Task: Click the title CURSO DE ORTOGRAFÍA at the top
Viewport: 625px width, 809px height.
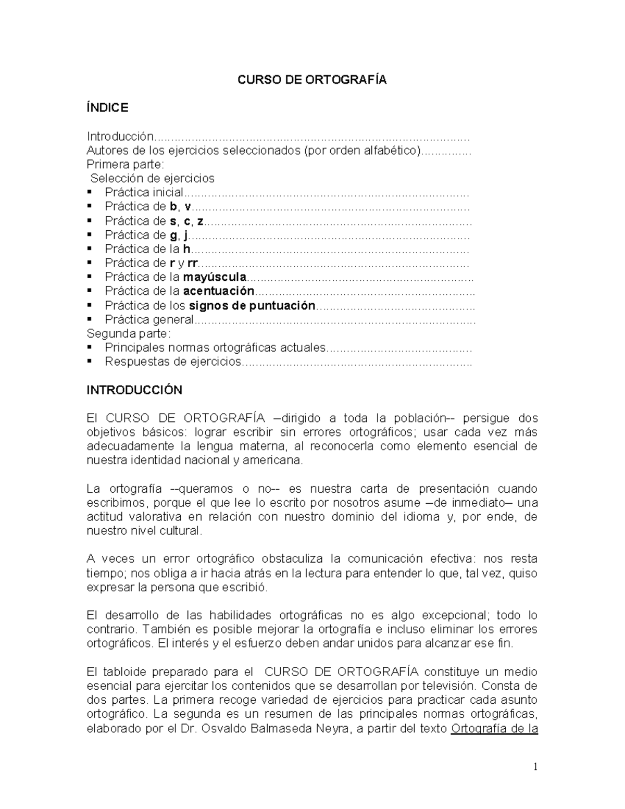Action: coord(312,80)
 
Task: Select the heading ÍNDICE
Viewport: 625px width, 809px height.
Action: coord(107,108)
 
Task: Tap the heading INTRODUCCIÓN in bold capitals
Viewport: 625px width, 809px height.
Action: coord(134,390)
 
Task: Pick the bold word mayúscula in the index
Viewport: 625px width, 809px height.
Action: coord(215,277)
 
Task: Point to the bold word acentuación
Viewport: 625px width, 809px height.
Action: coord(219,291)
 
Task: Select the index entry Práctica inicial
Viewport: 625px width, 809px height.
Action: coord(144,192)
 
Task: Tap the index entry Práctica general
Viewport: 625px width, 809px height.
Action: coord(149,319)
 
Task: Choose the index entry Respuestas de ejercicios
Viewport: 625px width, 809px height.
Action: coord(173,362)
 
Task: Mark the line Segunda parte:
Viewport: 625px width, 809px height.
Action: coord(128,333)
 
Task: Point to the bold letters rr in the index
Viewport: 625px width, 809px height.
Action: coord(192,263)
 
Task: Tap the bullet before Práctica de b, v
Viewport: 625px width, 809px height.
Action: coord(90,206)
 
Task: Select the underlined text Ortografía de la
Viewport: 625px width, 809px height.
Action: coord(494,728)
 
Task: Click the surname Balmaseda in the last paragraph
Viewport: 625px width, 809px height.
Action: coord(283,728)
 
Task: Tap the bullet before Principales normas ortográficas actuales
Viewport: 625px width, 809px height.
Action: coord(90,347)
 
